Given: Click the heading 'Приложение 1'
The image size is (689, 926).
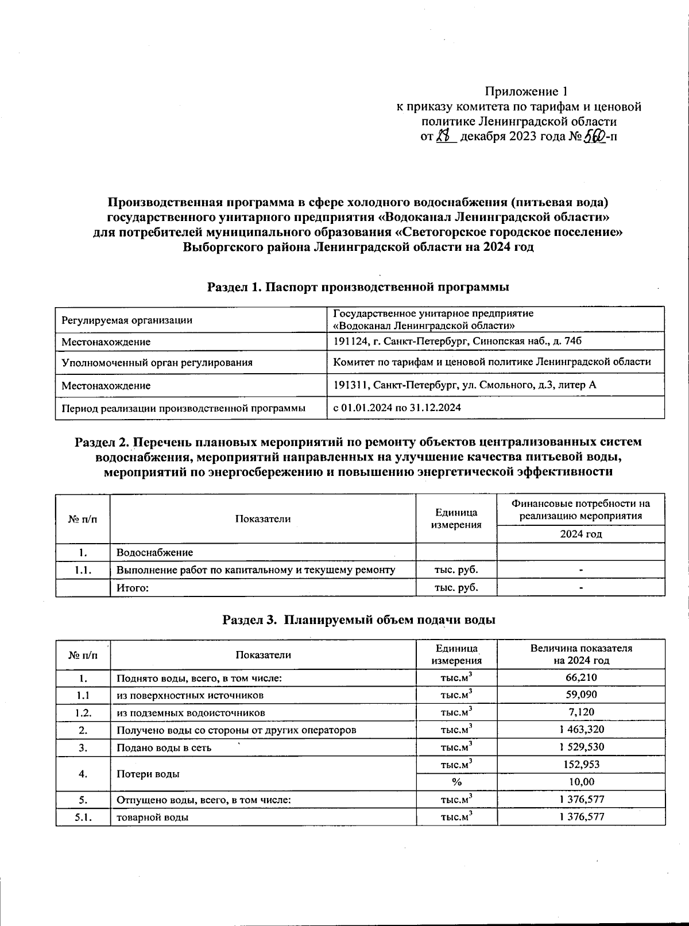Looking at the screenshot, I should (526, 92).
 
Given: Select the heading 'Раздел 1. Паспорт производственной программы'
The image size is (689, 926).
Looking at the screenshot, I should (358, 286).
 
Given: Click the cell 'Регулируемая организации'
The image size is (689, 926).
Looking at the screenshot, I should (127, 320).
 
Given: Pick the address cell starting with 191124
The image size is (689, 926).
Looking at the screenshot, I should (458, 341).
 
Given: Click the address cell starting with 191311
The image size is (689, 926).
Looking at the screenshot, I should (465, 385).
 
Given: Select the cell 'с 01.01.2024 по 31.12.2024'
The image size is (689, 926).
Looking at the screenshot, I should (397, 408).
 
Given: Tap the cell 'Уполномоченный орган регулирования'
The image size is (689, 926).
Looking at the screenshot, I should (157, 363).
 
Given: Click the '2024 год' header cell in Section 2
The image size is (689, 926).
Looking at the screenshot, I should (580, 534).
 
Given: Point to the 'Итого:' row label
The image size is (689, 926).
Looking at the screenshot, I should (133, 588).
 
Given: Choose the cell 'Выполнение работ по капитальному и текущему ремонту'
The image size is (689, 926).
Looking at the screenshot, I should (256, 570).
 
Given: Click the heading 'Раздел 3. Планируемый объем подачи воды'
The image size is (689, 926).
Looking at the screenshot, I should (359, 620).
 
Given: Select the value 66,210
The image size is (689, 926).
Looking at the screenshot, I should (580, 677).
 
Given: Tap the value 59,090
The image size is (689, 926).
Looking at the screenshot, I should (580, 695).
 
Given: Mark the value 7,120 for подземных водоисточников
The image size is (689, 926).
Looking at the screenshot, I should (580, 712).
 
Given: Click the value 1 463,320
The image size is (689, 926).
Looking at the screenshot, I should (580, 730).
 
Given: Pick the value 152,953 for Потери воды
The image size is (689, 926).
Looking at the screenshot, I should (580, 765).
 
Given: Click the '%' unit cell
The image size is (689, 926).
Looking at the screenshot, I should (456, 782).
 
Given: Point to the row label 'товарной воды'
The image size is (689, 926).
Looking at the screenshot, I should (152, 817).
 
